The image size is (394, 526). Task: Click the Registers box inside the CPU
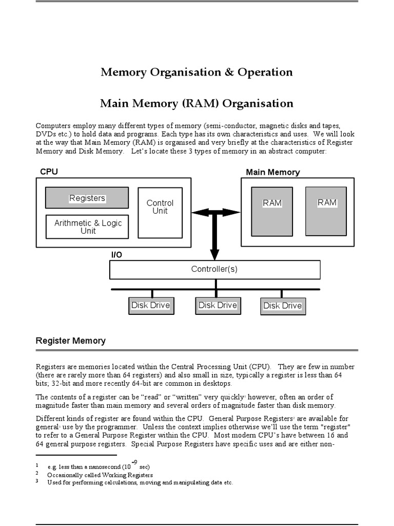[87, 198]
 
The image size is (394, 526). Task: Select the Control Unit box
[160, 212]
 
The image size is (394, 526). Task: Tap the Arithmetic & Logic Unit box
[87, 227]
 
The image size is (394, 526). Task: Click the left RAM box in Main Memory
[272, 211]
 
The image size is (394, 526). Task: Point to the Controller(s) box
[214, 269]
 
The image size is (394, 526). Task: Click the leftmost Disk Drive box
[150, 306]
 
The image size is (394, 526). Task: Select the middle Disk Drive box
[218, 306]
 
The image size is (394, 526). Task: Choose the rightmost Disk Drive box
[282, 306]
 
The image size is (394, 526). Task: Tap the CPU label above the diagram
[49, 172]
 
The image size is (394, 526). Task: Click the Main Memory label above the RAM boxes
[272, 173]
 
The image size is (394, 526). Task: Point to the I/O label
[117, 255]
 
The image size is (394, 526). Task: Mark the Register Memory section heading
[70, 341]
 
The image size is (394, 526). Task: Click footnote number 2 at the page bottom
[37, 473]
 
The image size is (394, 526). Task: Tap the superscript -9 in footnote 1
[134, 463]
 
